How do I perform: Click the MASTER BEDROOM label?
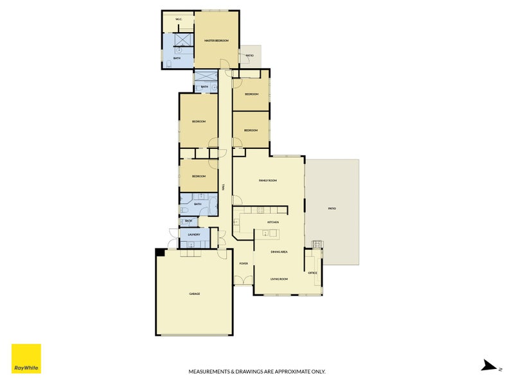click(217, 40)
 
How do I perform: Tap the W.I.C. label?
click(179, 20)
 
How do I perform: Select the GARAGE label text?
click(194, 294)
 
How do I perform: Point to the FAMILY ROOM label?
click(267, 181)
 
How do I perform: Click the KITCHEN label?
click(272, 222)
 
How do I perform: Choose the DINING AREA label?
click(279, 252)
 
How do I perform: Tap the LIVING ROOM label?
click(279, 279)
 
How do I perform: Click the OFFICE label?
click(313, 273)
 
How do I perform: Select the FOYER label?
click(244, 264)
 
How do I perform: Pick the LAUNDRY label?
click(194, 235)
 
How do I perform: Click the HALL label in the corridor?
click(223, 187)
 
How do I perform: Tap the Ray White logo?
click(26, 359)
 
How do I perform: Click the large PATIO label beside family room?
click(332, 209)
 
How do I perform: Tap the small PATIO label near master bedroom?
click(249, 56)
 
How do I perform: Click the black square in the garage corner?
click(159, 252)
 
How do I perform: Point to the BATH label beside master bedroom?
click(177, 59)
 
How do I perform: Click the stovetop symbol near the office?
click(315, 243)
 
